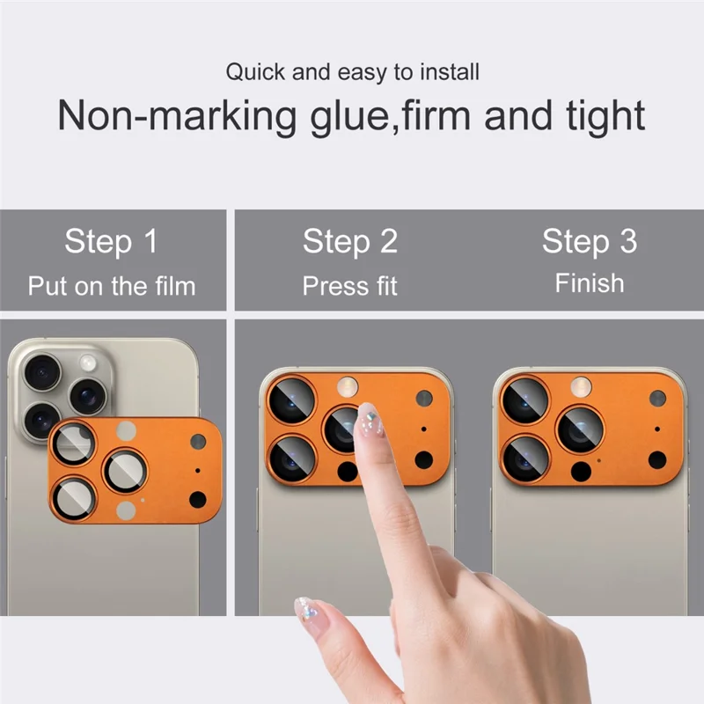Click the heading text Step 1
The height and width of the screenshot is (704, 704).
pos(111,241)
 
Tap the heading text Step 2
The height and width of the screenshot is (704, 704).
pos(350,241)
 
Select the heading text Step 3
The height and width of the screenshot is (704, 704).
pos(589,241)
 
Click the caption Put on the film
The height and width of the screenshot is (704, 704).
pos(111,286)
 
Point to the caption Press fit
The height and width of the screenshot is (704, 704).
pos(350,286)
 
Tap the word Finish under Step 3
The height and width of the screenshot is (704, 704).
pos(589,283)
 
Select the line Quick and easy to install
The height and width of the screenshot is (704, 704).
pos(352,71)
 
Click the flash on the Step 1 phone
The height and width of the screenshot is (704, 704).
pos(88,363)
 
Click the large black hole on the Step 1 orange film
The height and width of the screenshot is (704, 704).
pos(197,500)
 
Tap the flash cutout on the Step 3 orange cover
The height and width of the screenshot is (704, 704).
pos(581,385)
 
